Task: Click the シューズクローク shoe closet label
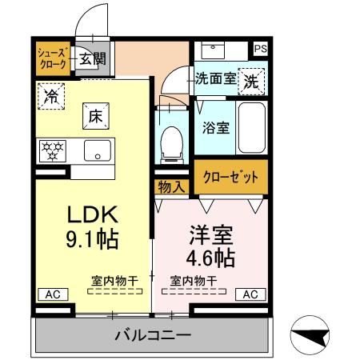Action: point(54,58)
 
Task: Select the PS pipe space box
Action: point(259,49)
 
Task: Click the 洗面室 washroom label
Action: point(216,78)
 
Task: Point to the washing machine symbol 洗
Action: point(251,80)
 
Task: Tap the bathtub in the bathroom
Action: point(252,127)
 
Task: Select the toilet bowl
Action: point(170,144)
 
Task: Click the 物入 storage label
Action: point(171,186)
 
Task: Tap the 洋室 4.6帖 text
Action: point(210,247)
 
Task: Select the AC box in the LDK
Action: point(51,294)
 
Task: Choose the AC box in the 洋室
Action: point(250,294)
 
